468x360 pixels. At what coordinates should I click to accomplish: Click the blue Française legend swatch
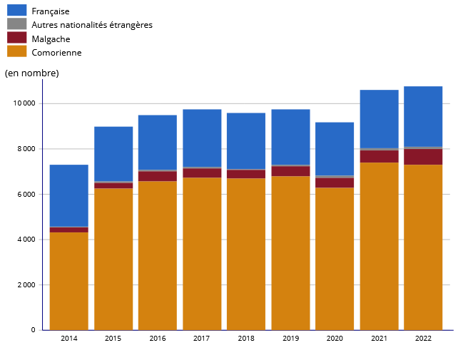coord(16,10)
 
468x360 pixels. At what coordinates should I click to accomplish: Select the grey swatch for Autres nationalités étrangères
coord(16,24)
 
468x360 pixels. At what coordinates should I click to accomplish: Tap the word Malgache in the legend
coord(51,39)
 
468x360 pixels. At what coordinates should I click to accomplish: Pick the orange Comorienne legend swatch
coord(16,51)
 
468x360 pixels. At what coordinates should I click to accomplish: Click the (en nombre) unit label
coord(31,73)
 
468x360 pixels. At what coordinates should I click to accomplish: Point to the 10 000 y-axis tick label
coord(24,103)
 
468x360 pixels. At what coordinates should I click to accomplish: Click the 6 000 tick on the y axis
coord(26,194)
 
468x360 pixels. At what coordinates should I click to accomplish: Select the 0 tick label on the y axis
coord(33,330)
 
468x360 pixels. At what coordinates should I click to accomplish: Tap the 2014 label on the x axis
coord(69,338)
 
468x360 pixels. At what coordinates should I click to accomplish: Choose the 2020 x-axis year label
coord(335,338)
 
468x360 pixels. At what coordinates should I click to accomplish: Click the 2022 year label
coord(423,338)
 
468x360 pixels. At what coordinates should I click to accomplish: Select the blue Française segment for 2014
coord(69,195)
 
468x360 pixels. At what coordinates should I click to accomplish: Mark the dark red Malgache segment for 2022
coord(423,157)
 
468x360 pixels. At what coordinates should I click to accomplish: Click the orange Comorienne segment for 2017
coord(202,254)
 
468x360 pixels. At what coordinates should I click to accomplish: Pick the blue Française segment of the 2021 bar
coord(380,119)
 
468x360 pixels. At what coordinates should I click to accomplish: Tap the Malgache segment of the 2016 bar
coord(158,176)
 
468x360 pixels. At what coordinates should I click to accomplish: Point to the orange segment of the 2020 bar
coord(335,259)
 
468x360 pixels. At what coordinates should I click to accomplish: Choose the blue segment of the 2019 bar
coord(290,137)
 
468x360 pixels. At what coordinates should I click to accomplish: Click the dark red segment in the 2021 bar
coord(380,156)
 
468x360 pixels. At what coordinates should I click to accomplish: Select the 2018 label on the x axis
coord(246,338)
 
